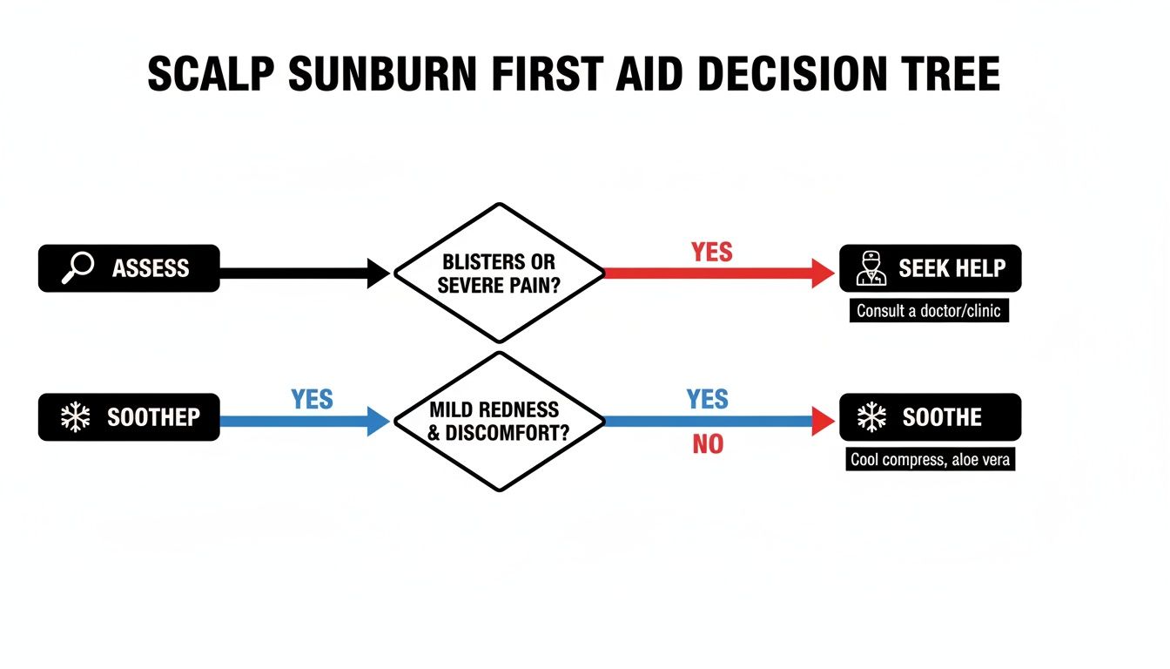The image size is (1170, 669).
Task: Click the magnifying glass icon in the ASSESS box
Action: pyautogui.click(x=77, y=268)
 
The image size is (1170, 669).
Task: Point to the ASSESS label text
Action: pyautogui.click(x=151, y=268)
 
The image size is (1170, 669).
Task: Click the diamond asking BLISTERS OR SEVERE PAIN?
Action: pyautogui.click(x=499, y=273)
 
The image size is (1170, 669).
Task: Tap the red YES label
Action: pyautogui.click(x=711, y=252)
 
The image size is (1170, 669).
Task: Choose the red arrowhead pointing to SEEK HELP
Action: pyautogui.click(x=823, y=273)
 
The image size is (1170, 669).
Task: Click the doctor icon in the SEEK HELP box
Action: pyautogui.click(x=871, y=268)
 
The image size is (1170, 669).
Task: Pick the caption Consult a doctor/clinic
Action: pyautogui.click(x=929, y=311)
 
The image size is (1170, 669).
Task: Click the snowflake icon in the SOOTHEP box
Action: pyautogui.click(x=76, y=417)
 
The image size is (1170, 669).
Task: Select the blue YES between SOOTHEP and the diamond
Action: pyautogui.click(x=312, y=399)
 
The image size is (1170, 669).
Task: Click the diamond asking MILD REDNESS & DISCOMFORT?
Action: pyautogui.click(x=499, y=421)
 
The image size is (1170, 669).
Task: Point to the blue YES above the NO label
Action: pyautogui.click(x=707, y=399)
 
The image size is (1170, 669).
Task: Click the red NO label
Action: pyautogui.click(x=708, y=444)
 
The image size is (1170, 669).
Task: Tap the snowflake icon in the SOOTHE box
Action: pyautogui.click(x=871, y=417)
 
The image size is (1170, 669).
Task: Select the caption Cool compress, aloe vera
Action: pyautogui.click(x=930, y=459)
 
